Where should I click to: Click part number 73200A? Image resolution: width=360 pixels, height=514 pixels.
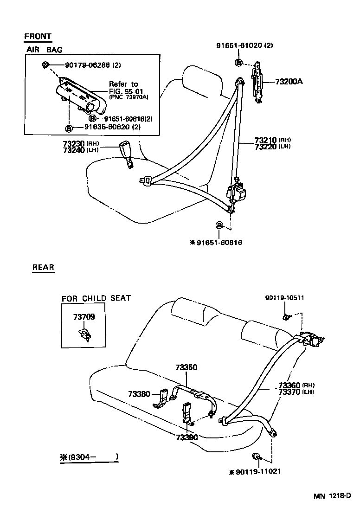tap(289, 82)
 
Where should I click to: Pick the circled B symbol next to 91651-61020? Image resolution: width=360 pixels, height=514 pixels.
tap(238, 63)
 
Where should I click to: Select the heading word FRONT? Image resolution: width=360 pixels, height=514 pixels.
tap(38, 36)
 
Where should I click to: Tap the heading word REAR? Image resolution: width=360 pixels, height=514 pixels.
tap(43, 267)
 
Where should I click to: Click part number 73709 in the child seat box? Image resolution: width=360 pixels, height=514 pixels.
tap(84, 317)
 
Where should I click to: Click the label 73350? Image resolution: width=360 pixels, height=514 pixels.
tap(186, 367)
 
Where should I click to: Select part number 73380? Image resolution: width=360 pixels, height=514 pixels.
tap(139, 394)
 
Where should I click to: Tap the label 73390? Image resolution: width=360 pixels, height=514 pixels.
tap(186, 437)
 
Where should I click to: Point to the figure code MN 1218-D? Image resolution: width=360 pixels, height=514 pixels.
tap(331, 496)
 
